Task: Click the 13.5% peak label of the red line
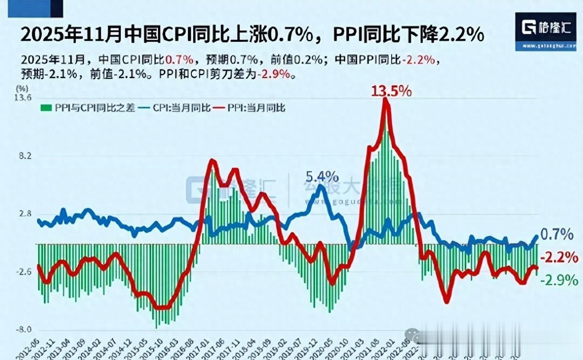[x=391, y=91]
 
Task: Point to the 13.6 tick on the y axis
[x=23, y=98]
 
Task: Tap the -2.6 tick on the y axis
[x=24, y=273]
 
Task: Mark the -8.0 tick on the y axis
[x=24, y=330]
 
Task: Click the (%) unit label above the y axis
[x=22, y=88]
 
